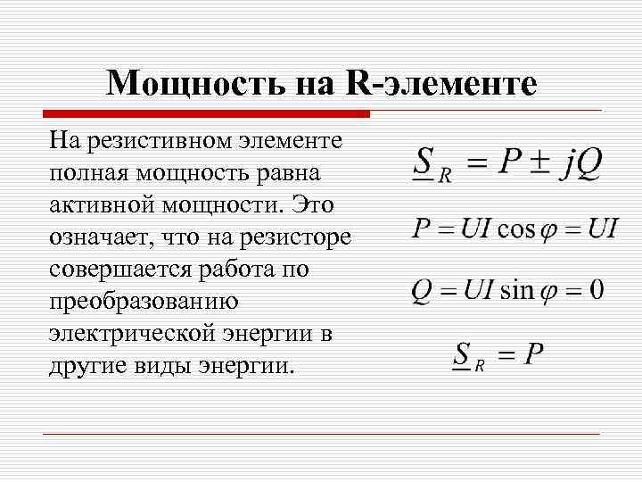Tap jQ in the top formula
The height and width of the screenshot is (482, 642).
[582, 163]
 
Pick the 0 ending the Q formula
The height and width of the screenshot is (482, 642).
[596, 289]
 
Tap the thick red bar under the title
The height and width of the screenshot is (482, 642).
[206, 114]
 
